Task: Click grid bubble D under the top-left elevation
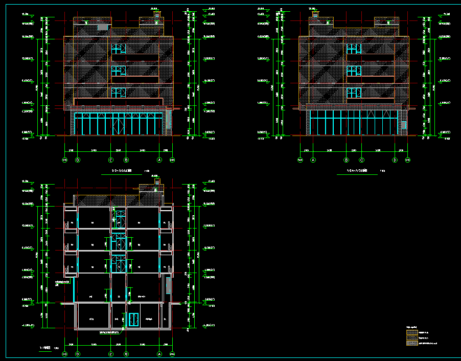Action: tap(78, 160)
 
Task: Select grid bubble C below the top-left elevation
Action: tap(111, 160)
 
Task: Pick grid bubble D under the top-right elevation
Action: tap(395, 160)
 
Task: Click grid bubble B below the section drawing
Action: tap(126, 354)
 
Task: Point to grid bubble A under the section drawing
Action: tap(159, 354)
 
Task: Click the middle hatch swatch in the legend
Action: tap(411, 338)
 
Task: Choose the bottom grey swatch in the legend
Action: tap(411, 344)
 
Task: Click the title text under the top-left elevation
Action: tap(122, 170)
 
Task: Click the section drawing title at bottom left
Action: tap(45, 348)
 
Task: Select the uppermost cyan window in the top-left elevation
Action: tap(119, 49)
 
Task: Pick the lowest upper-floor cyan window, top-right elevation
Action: tap(354, 93)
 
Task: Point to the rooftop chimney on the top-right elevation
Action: tap(315, 14)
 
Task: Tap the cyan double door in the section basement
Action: tap(134, 319)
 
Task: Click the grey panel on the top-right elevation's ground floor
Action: tap(403, 125)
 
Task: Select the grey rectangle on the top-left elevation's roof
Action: tap(104, 27)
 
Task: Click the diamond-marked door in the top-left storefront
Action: tap(119, 124)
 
